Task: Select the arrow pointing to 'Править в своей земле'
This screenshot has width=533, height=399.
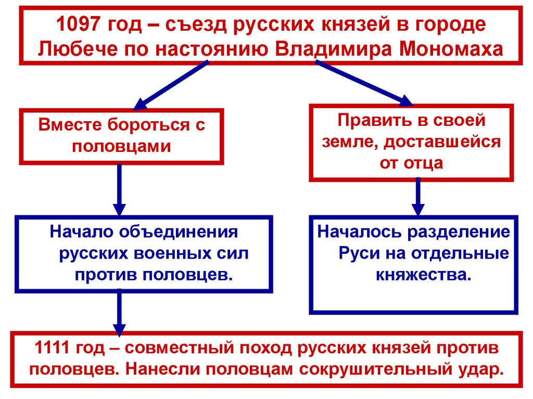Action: pyautogui.click(x=364, y=83)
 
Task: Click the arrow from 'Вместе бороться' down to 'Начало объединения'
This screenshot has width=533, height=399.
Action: pyautogui.click(x=120, y=190)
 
